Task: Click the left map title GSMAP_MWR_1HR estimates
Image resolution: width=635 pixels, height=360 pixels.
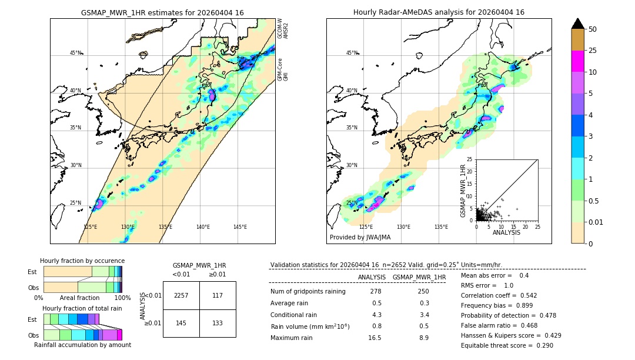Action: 162,12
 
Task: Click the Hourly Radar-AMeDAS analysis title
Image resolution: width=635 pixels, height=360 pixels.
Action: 439,12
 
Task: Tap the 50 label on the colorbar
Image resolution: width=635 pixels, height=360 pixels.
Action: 593,29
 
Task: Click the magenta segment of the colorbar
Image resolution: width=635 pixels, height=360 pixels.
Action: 577,61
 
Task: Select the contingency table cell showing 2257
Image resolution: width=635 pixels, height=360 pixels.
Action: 181,295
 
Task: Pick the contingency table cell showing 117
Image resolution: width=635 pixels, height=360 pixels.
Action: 218,295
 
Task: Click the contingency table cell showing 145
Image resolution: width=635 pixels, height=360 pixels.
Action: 181,322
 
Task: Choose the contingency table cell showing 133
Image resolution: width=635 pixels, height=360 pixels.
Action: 218,322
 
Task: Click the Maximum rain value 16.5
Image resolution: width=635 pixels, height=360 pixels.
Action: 375,338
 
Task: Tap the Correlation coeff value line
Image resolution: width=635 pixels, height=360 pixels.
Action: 499,295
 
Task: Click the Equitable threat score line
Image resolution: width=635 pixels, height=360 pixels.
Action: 507,345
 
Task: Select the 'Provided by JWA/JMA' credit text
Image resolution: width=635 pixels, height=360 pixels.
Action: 360,237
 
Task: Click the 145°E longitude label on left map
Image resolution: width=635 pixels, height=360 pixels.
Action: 240,227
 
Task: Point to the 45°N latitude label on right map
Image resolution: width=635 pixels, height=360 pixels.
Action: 352,53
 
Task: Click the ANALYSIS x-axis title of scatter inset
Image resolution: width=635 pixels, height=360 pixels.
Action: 506,232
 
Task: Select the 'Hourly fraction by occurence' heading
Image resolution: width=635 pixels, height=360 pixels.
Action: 82,261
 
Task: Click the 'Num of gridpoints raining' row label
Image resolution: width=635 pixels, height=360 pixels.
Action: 308,292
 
